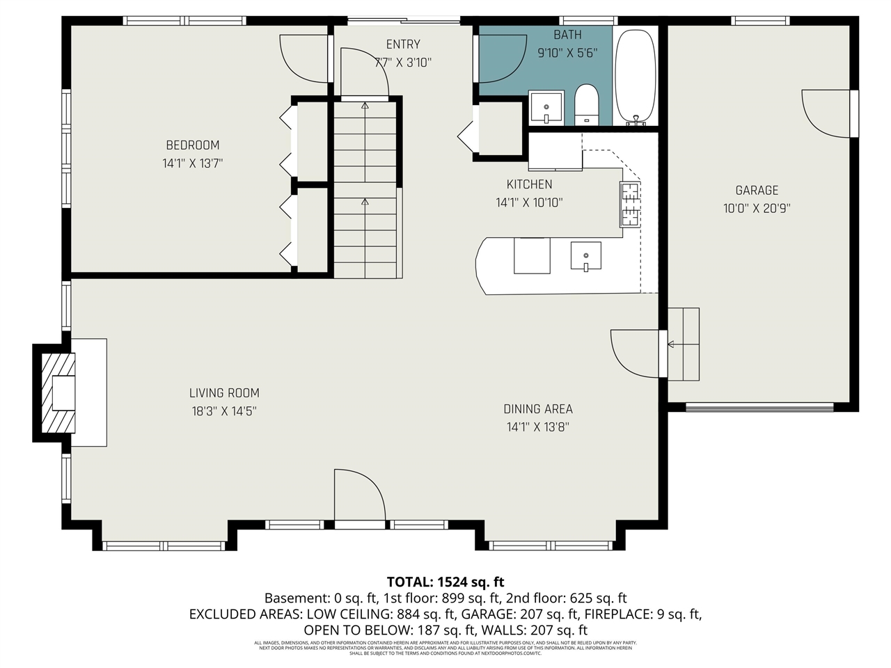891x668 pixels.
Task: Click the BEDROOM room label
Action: pyautogui.click(x=192, y=145)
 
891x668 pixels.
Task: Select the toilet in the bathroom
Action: pyautogui.click(x=587, y=104)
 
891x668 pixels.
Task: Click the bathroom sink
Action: pyautogui.click(x=546, y=107)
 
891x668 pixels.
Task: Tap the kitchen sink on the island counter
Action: pyautogui.click(x=585, y=255)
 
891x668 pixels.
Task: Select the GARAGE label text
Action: pyautogui.click(x=757, y=190)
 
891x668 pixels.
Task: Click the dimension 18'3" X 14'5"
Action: pyautogui.click(x=224, y=411)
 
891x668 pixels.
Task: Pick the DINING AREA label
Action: pyautogui.click(x=538, y=409)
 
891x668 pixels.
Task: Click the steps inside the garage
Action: pyautogui.click(x=684, y=344)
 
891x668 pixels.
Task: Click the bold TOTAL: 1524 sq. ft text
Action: pyautogui.click(x=445, y=582)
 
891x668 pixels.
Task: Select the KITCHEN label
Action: pyautogui.click(x=529, y=184)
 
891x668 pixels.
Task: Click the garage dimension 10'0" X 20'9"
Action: pyautogui.click(x=757, y=208)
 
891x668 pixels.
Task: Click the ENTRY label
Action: pyautogui.click(x=403, y=45)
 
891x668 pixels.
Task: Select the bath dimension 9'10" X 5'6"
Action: pyautogui.click(x=567, y=53)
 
